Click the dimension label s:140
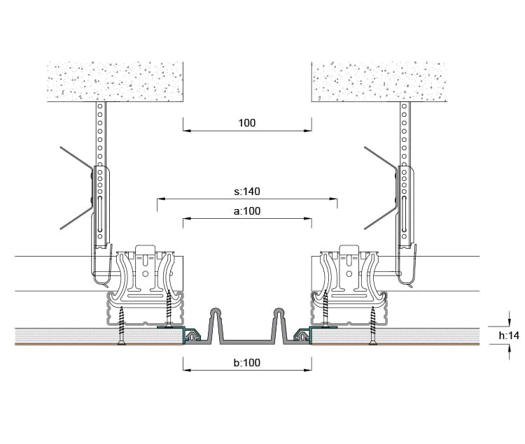tap(247, 192)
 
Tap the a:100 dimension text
tap(247, 211)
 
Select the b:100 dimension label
tap(247, 363)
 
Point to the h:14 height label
tap(509, 336)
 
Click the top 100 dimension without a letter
tap(247, 123)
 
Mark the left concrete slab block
tap(115, 82)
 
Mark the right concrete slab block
tap(379, 82)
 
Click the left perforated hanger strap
tap(100, 171)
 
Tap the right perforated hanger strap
tap(405, 171)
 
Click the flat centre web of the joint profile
tap(247, 342)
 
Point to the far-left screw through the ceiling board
tap(122, 325)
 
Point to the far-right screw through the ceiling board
tap(372, 325)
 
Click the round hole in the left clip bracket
tap(146, 274)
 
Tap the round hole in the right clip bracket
tap(349, 274)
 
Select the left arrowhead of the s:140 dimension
tap(162, 199)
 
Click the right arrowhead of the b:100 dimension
tap(308, 370)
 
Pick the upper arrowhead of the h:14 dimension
tap(510, 322)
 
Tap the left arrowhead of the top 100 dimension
tap(187, 131)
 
